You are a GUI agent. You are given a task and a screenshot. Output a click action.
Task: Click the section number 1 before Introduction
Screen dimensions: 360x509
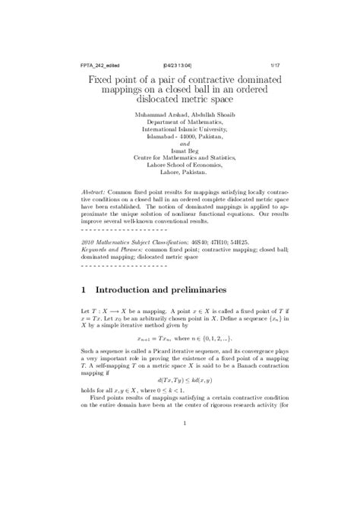tap(84, 289)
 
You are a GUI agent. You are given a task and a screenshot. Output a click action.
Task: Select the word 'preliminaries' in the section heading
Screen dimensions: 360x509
tap(211, 289)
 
